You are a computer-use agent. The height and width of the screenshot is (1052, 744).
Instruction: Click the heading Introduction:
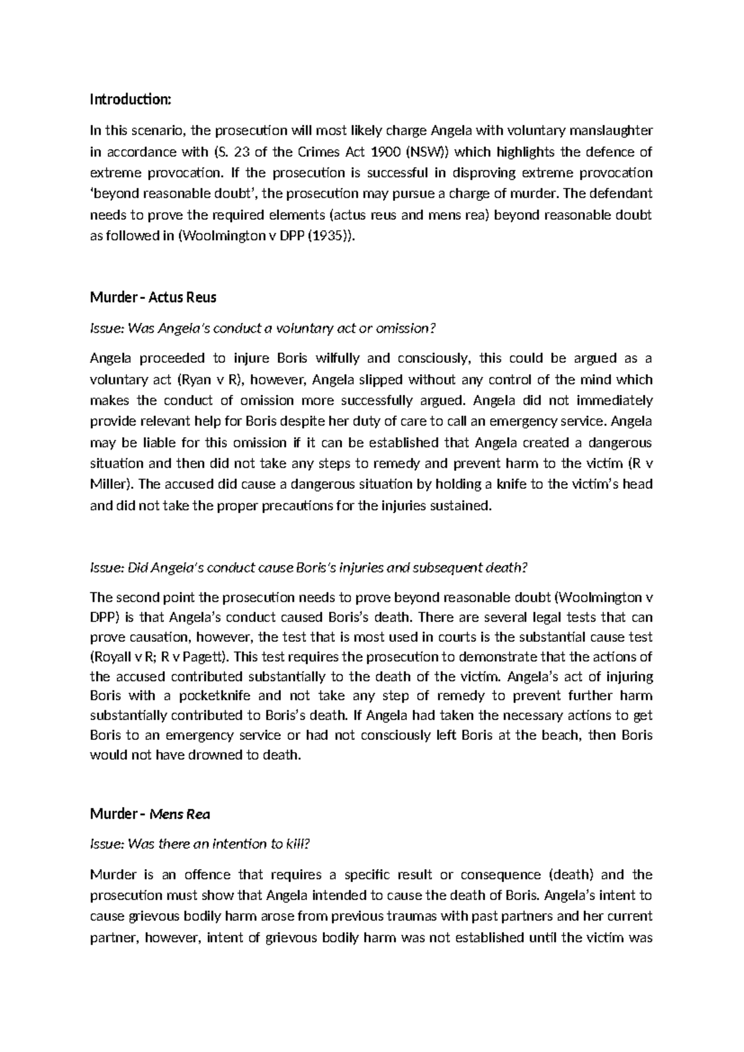[x=130, y=99]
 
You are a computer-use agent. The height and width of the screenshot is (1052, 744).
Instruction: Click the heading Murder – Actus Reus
[x=153, y=297]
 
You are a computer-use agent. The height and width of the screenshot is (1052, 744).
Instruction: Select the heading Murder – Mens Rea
[x=150, y=814]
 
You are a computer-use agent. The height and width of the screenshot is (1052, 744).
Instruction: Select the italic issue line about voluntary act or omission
[x=259, y=328]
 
